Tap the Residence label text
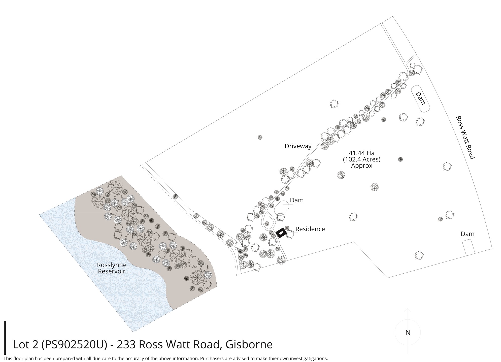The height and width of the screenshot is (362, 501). (x=310, y=229)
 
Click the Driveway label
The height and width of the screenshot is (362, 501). (x=298, y=146)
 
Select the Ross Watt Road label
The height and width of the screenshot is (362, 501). (x=465, y=137)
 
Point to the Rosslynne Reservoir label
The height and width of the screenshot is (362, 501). (x=112, y=268)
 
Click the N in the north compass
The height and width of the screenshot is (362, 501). (x=408, y=333)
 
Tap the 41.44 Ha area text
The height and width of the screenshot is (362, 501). (x=361, y=153)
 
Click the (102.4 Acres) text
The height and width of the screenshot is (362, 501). (x=361, y=159)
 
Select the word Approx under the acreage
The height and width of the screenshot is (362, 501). (x=361, y=166)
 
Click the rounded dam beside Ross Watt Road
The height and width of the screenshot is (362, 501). (x=420, y=99)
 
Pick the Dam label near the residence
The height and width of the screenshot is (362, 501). (x=296, y=200)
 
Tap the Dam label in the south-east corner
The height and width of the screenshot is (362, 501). (x=467, y=234)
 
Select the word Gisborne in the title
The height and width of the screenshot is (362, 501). (x=249, y=345)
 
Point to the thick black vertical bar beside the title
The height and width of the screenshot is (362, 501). (x=5, y=337)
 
